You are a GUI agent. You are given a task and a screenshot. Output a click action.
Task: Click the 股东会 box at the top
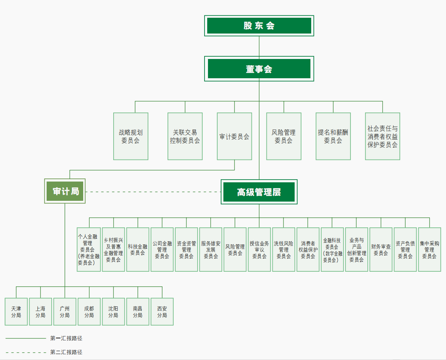click(x=259, y=26)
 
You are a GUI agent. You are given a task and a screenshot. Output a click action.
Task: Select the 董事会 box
click(x=259, y=69)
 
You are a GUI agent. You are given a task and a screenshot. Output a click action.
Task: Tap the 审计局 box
click(x=65, y=191)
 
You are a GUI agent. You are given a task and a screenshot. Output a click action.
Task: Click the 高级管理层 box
click(x=259, y=192)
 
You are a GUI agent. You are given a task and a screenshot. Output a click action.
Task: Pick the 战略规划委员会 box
click(x=131, y=136)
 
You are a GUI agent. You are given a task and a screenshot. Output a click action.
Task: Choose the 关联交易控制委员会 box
click(x=185, y=136)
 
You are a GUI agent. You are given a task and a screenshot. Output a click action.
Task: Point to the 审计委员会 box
click(x=234, y=136)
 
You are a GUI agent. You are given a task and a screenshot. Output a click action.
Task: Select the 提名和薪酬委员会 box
click(x=333, y=136)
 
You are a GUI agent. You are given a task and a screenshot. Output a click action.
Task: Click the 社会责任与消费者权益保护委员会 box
click(x=382, y=136)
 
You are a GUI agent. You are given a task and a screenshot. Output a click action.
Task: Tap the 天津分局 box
click(x=16, y=312)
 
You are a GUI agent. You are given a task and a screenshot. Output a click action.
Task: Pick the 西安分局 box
click(x=162, y=312)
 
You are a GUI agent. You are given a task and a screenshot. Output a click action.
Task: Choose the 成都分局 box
click(x=89, y=312)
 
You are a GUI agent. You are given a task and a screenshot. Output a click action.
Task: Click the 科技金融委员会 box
click(x=137, y=250)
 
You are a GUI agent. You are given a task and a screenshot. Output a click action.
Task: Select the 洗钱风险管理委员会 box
click(x=283, y=250)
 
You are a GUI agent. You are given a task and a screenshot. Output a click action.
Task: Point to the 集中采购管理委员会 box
click(x=429, y=250)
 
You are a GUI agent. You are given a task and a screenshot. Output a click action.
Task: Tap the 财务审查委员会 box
click(x=381, y=250)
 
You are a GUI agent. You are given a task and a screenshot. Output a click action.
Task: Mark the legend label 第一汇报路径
click(x=66, y=338)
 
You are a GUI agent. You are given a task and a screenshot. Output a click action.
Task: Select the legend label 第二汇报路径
click(x=66, y=352)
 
